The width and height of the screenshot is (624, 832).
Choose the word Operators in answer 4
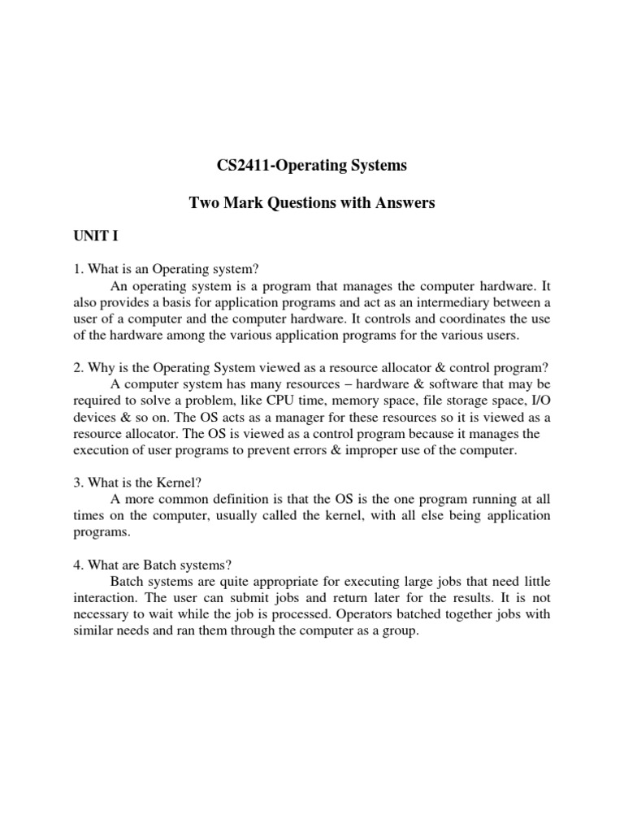click(x=369, y=614)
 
